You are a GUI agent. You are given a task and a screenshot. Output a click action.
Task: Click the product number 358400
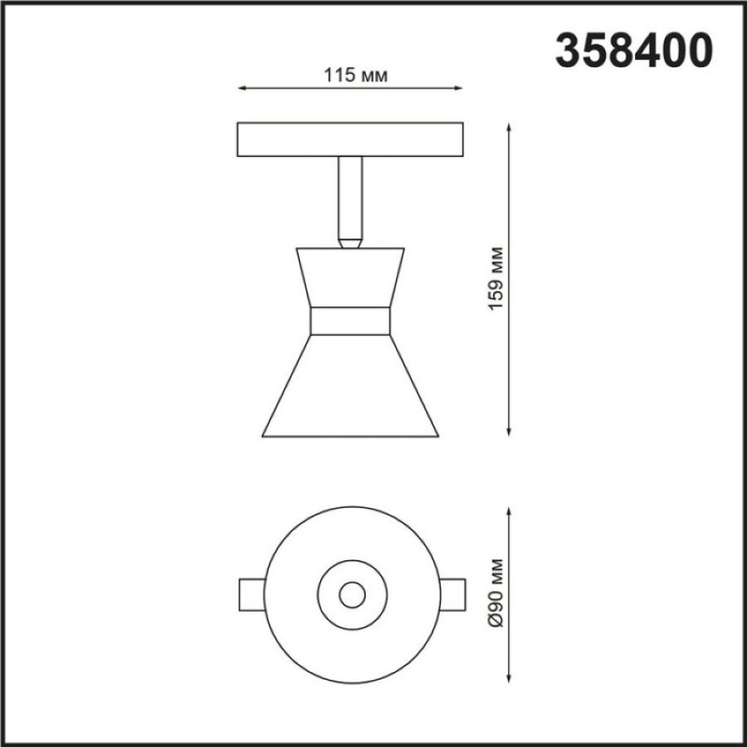coord(634,50)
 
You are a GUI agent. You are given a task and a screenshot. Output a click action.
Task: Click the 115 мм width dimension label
coord(356,76)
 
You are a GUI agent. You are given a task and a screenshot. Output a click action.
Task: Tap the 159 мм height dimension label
coord(496,278)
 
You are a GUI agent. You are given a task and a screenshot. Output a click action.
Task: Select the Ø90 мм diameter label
coord(496,593)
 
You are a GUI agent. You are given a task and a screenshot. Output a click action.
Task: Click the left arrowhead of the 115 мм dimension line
coord(241,88)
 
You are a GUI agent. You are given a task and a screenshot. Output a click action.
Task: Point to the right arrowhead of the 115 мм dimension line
coord(458,88)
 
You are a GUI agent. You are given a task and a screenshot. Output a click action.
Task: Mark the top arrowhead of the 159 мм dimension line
coord(509,127)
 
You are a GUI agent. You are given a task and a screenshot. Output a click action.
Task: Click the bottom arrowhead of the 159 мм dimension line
coord(509,431)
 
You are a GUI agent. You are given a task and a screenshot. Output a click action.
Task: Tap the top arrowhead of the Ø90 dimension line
coord(509,512)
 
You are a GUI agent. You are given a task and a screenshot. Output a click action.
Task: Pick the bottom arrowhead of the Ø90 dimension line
coord(509,679)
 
